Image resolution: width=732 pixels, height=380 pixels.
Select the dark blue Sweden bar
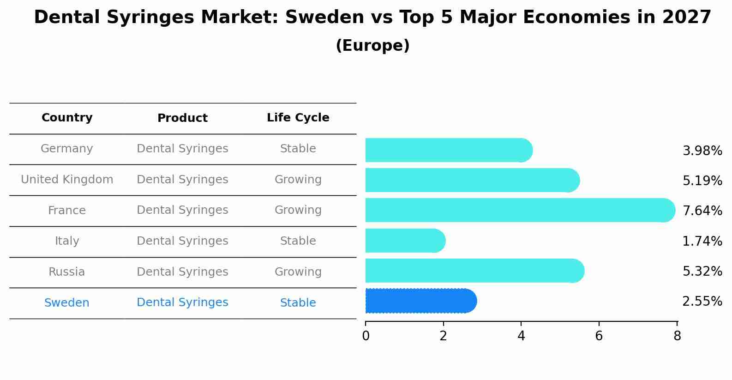point(420,301)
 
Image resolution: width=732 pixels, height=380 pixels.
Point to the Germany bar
point(448,150)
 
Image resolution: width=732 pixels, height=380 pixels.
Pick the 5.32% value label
point(702,271)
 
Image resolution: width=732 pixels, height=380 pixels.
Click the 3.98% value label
point(702,151)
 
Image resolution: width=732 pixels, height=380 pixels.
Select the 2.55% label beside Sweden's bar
point(702,302)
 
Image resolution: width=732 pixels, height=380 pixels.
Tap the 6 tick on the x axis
point(599,336)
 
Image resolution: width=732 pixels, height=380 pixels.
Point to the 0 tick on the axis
point(366,336)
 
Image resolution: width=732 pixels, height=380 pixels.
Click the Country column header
point(67,118)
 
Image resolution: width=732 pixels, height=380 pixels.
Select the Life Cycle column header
point(298,118)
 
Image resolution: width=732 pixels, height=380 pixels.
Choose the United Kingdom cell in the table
point(67,180)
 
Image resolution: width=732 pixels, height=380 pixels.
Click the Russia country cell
point(67,272)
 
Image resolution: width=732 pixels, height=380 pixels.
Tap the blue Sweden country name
point(67,303)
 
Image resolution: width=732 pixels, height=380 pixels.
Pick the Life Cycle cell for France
point(298,210)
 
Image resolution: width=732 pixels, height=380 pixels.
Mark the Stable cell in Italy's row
point(298,241)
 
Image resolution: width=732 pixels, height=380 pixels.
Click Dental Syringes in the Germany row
point(182,149)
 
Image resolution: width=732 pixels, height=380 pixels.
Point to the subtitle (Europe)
point(372,46)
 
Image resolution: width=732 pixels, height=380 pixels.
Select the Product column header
point(182,118)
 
